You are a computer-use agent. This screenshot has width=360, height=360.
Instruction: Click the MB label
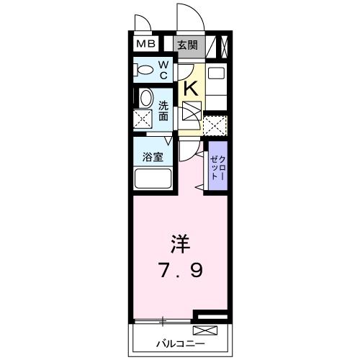click(x=146, y=45)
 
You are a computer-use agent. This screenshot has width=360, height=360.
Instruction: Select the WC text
click(x=163, y=70)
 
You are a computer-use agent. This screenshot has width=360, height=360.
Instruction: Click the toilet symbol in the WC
click(x=144, y=71)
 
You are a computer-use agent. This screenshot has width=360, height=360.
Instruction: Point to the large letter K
click(x=191, y=88)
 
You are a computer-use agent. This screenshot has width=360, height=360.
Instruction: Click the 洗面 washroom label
click(x=164, y=109)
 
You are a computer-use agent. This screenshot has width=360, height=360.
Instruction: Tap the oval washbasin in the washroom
click(x=145, y=99)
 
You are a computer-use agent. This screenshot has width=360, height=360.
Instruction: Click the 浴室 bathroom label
click(x=151, y=156)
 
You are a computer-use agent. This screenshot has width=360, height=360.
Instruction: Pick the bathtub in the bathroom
click(x=151, y=179)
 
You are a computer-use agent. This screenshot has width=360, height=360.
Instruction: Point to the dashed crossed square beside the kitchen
click(x=215, y=125)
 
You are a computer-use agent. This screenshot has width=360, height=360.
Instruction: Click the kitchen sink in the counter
click(x=214, y=74)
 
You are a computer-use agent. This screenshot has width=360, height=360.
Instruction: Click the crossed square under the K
click(x=192, y=112)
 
